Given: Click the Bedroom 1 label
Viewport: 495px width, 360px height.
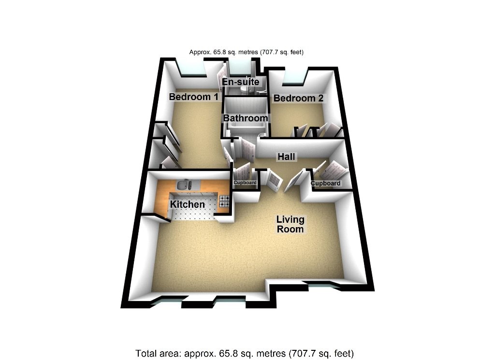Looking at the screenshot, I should click(193, 97).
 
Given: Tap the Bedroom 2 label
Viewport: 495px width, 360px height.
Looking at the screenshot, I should click(298, 99).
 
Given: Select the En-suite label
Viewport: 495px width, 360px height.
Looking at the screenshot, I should click(241, 82).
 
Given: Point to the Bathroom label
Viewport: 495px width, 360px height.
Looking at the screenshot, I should click(245, 118).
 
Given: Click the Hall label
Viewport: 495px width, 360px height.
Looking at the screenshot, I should click(286, 157).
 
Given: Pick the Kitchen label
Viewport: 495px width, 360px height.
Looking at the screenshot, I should click(187, 204).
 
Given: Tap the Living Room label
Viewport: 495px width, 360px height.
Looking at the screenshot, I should click(290, 224).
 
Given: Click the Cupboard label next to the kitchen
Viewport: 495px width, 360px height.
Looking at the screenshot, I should click(245, 183).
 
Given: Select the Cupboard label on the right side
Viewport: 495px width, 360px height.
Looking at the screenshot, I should click(325, 184).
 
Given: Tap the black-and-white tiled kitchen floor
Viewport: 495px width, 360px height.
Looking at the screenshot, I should click(193, 215).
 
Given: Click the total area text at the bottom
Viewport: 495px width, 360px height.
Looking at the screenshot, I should click(247, 352).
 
